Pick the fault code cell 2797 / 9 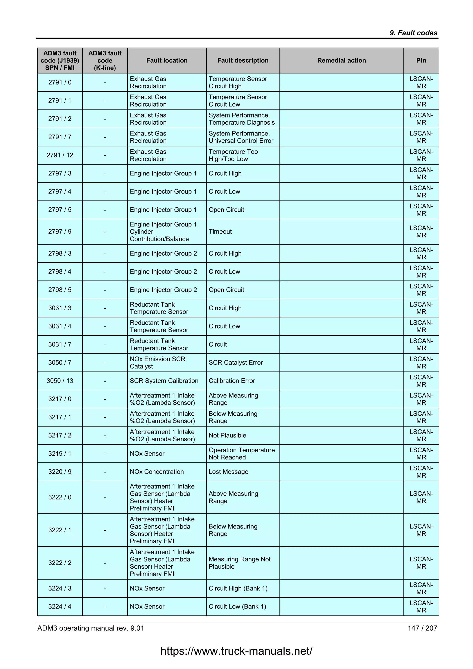pyautogui.click(x=60, y=231)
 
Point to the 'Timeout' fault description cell pyautogui.click(x=220, y=231)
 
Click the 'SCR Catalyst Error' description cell pyautogui.click(x=236, y=362)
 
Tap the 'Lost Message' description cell pyautogui.click(x=228, y=471)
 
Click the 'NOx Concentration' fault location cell pyautogui.click(x=157, y=471)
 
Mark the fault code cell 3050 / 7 pyautogui.click(x=60, y=362)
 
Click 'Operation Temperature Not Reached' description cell pyautogui.click(x=241, y=453)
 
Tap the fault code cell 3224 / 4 pyautogui.click(x=60, y=606)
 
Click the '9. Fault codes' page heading pyautogui.click(x=413, y=33)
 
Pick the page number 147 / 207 pyautogui.click(x=422, y=628)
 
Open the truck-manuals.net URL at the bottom pyautogui.click(x=236, y=651)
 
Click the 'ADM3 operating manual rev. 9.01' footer pyautogui.click(x=91, y=628)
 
